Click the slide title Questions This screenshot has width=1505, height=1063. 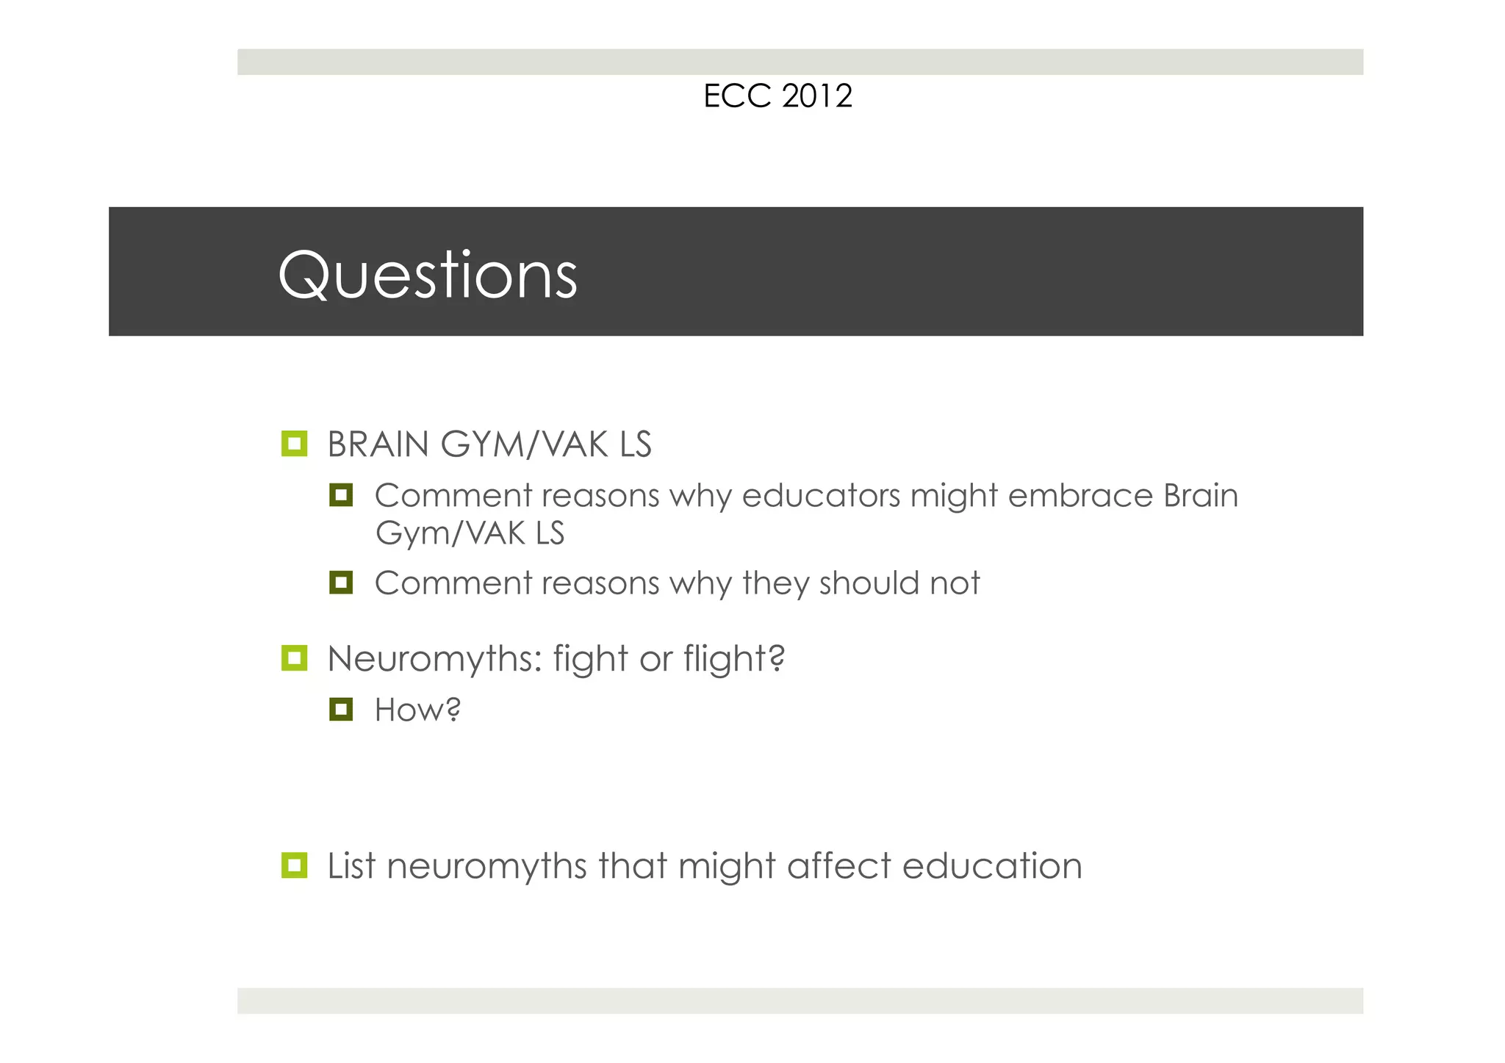[x=428, y=275]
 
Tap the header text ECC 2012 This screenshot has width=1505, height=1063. [x=777, y=96]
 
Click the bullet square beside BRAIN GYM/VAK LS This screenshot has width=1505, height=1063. [x=294, y=444]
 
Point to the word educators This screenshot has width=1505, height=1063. [x=821, y=496]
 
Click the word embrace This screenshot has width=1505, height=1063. [x=1080, y=496]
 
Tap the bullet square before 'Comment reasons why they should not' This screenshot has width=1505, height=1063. [x=341, y=583]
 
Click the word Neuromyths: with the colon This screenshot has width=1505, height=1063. [x=435, y=659]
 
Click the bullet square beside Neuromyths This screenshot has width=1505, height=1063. [x=294, y=657]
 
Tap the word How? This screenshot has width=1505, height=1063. [x=417, y=710]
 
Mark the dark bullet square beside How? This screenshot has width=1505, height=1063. [x=341, y=710]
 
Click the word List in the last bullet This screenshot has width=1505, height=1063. [x=351, y=866]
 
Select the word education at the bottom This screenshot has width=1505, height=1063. [x=992, y=866]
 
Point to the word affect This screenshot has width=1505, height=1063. [x=838, y=866]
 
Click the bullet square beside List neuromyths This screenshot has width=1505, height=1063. [x=294, y=865]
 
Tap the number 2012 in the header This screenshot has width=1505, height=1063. [x=817, y=96]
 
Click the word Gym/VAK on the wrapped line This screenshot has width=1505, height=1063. [x=450, y=533]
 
